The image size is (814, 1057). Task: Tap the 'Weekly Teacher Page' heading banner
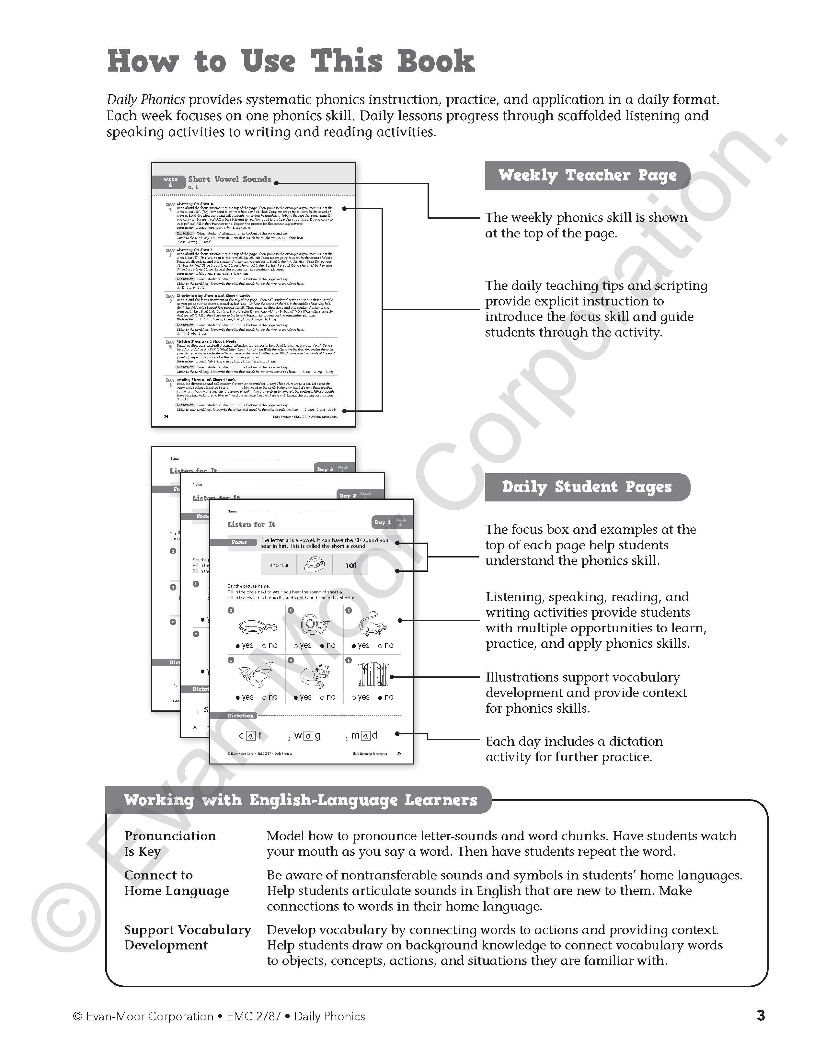(587, 175)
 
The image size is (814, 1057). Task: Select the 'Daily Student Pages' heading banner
(587, 487)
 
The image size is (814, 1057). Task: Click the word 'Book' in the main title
(436, 62)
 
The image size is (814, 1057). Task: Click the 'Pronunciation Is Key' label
(169, 844)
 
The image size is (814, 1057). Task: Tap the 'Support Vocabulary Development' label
(187, 937)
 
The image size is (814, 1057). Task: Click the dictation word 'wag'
(307, 736)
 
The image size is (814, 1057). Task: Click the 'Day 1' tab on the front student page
(382, 522)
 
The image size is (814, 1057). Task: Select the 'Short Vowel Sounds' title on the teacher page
(229, 179)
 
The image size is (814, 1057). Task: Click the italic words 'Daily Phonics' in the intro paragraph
(146, 100)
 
